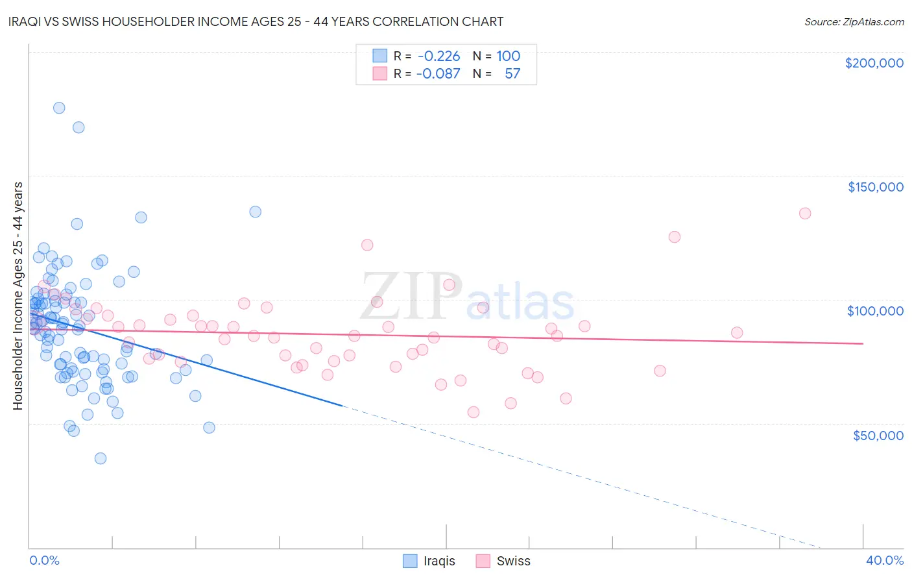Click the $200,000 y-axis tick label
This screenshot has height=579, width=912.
(x=874, y=63)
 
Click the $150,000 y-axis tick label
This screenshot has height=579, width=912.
(x=875, y=187)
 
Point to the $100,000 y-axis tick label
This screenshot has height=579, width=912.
(x=875, y=311)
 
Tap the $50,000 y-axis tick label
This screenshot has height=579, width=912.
(x=878, y=435)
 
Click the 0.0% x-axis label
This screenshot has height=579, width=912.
(x=44, y=560)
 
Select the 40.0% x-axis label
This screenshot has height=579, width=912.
(x=884, y=560)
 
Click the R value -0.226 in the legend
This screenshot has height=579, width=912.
(x=438, y=56)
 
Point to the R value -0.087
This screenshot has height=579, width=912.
(x=438, y=73)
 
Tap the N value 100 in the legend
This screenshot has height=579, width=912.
(x=509, y=56)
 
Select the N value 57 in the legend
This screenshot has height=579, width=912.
(x=512, y=73)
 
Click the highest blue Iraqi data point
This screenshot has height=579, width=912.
(x=59, y=108)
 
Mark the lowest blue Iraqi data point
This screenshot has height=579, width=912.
(x=101, y=458)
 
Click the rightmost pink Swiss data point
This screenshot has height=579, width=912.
(x=805, y=214)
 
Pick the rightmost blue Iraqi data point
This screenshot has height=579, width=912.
(x=256, y=212)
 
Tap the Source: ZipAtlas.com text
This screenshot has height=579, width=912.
(x=854, y=21)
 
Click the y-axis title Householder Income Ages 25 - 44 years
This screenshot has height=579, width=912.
(x=18, y=296)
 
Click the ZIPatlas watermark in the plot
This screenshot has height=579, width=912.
(x=467, y=298)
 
